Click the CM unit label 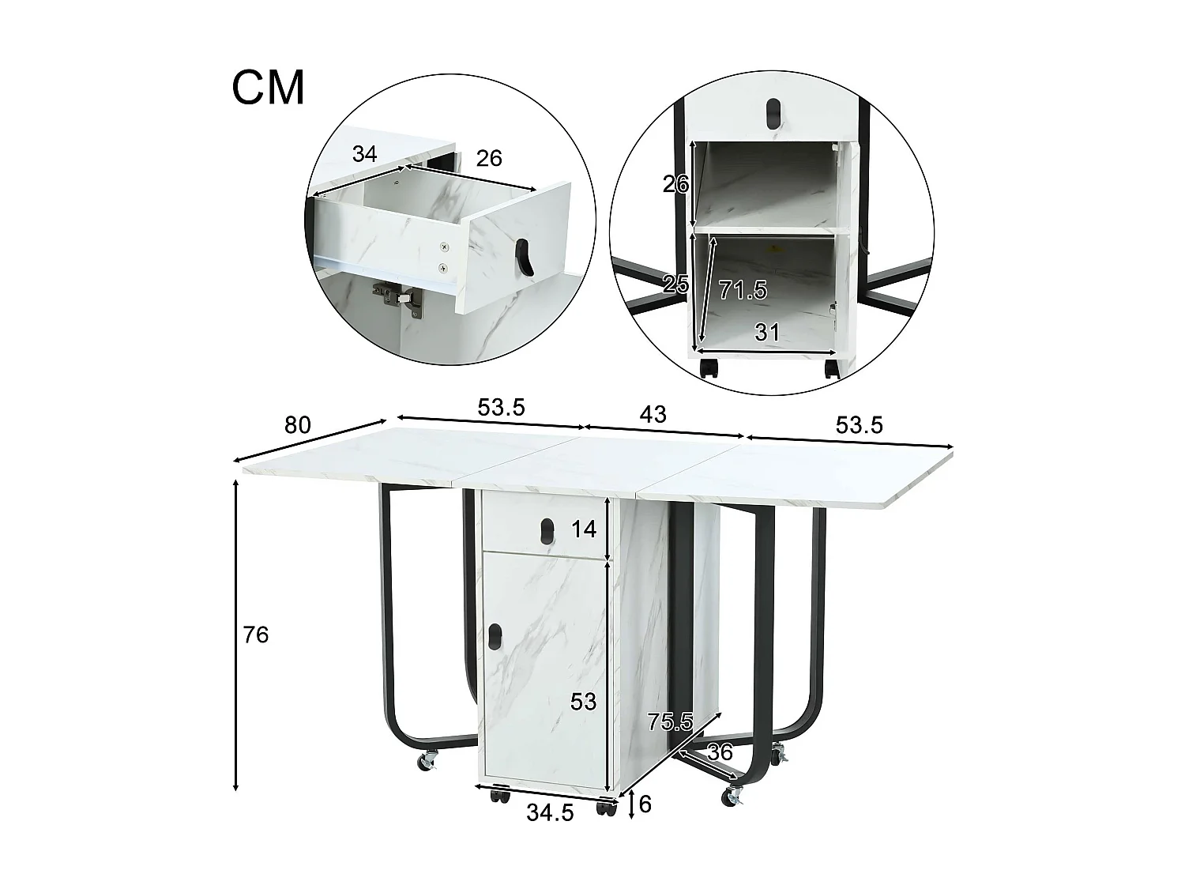click(x=268, y=88)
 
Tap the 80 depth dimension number click(x=297, y=425)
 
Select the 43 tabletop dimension click(x=653, y=413)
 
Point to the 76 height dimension click(x=256, y=635)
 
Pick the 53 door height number click(x=583, y=701)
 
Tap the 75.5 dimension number click(x=670, y=721)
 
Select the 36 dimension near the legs click(x=720, y=752)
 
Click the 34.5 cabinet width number click(x=550, y=812)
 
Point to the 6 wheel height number click(x=645, y=804)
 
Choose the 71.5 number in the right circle click(x=743, y=290)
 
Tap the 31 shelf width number click(x=767, y=333)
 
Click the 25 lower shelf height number click(x=676, y=284)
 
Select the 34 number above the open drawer click(x=364, y=154)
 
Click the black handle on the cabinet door click(x=495, y=636)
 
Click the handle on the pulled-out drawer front click(x=525, y=258)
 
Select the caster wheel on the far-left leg click(x=427, y=762)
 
